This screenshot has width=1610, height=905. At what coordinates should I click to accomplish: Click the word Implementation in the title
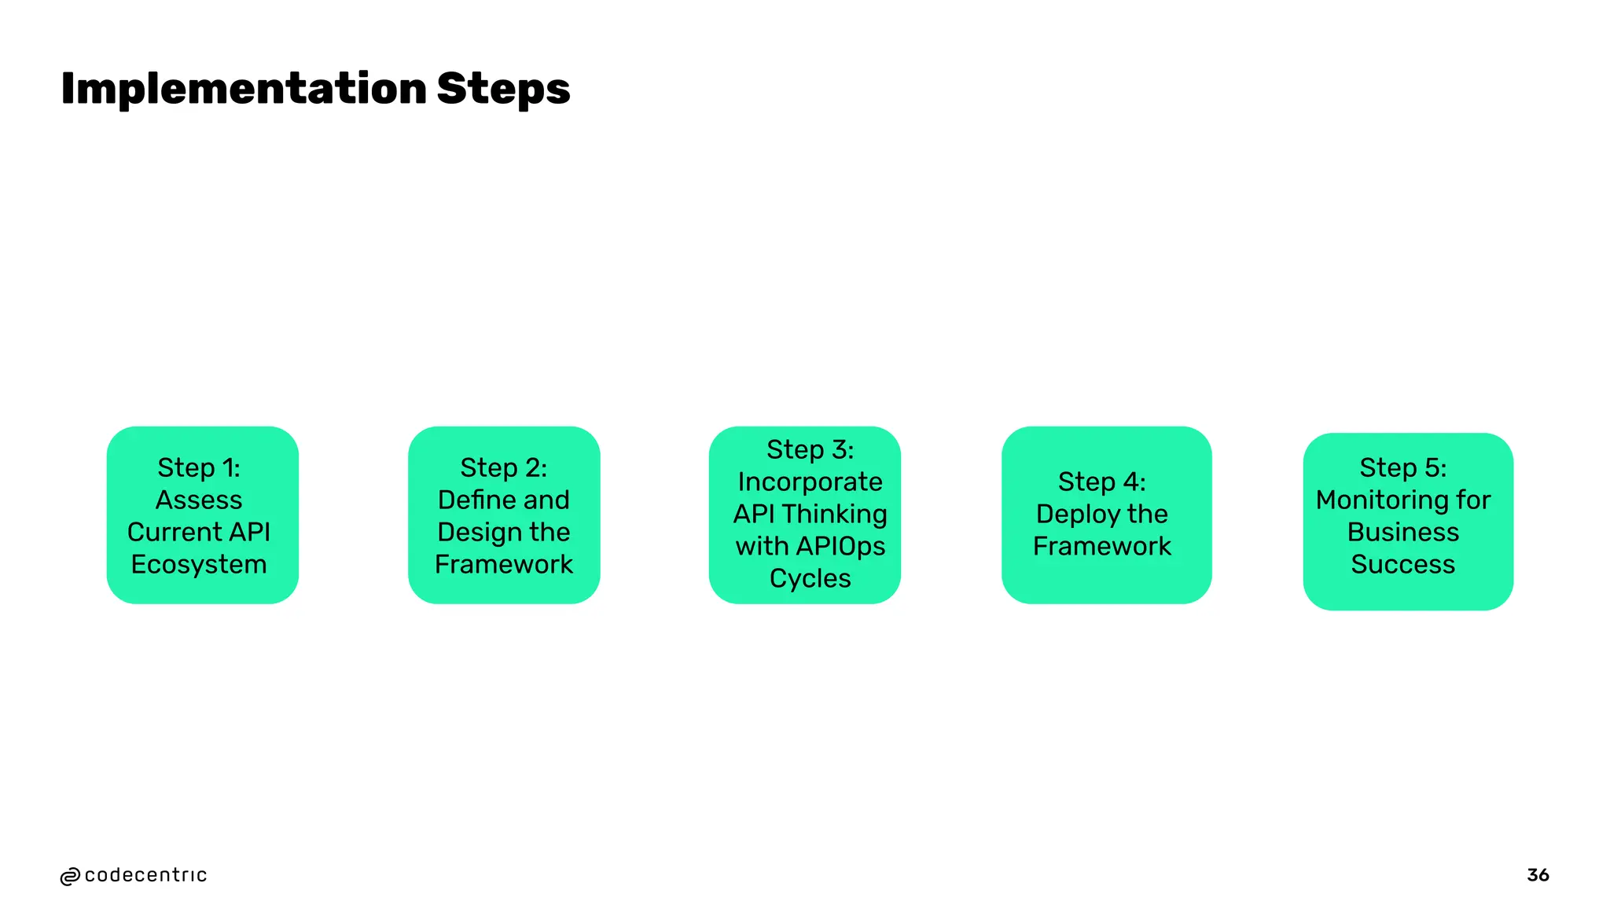coord(243,88)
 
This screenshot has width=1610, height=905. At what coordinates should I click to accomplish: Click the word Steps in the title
coord(503,88)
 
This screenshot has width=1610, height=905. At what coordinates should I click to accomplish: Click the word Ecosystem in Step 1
coord(199,564)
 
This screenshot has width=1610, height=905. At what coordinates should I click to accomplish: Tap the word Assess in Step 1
coord(199,500)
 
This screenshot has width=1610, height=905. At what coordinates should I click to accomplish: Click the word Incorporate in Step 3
coord(810,482)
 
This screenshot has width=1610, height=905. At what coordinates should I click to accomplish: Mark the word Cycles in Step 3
coord(810,578)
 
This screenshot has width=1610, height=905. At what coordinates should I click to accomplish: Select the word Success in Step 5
coord(1402,564)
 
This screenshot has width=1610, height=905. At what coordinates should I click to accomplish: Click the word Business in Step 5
coord(1402,532)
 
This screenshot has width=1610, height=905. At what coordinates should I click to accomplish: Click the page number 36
coord(1538,874)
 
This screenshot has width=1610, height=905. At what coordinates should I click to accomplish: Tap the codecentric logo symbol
coord(70,876)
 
